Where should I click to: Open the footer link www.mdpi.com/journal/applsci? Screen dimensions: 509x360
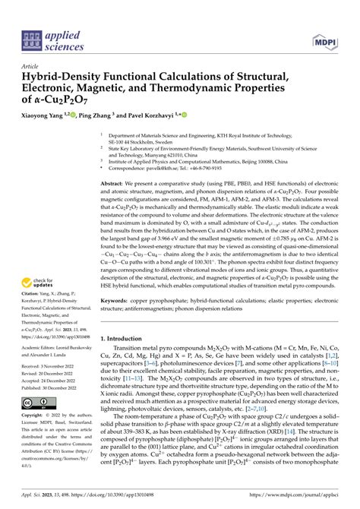288,497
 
